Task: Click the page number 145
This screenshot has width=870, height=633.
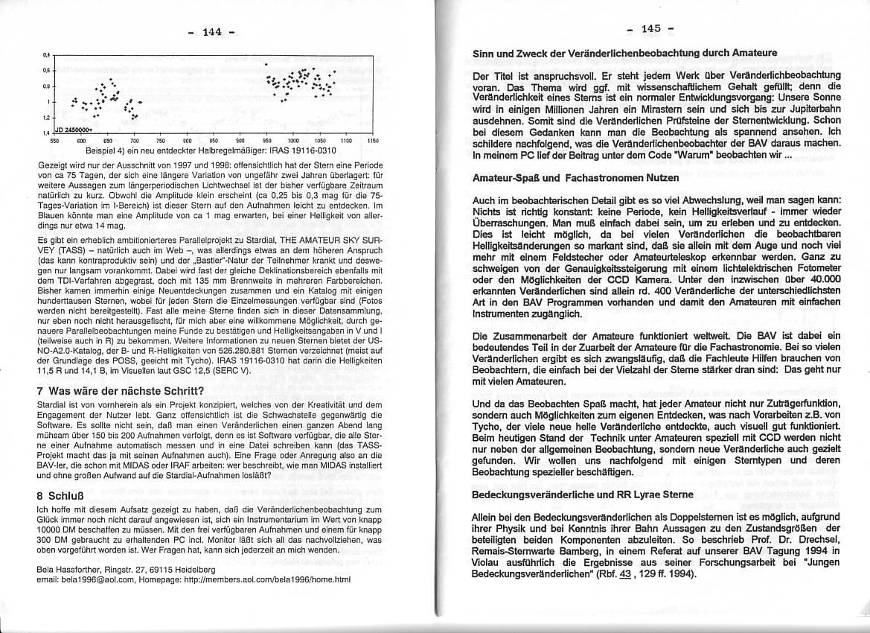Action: coord(649,28)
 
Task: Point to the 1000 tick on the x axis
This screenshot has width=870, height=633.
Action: coord(293,140)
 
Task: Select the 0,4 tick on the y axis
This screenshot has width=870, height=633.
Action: coord(46,55)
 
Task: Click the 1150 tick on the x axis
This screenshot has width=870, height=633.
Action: coord(374,140)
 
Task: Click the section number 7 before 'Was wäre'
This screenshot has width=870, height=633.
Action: coord(39,391)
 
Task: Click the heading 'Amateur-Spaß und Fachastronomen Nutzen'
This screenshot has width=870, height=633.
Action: coord(575,179)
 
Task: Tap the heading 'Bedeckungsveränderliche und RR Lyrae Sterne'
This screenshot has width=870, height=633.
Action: coord(583,494)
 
